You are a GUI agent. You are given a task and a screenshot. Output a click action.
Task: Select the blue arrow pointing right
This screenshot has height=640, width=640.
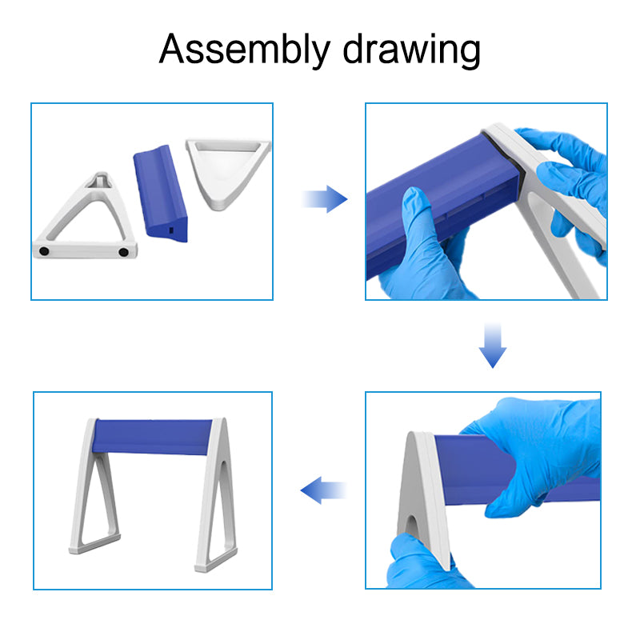(x=326, y=199)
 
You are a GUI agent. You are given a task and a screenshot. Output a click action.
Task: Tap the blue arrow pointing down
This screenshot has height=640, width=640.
(x=493, y=346)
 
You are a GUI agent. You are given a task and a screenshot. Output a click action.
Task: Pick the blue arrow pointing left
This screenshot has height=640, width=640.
(x=322, y=490)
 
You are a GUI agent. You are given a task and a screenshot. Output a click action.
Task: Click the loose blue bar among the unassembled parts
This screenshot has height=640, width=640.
(x=162, y=191)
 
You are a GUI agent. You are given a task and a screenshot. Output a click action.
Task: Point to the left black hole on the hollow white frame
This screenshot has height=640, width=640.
(x=45, y=251)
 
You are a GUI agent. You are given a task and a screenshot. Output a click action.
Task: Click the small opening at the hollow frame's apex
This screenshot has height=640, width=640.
(x=99, y=180)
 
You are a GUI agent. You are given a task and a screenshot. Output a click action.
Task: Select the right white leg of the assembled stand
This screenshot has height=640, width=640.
(x=214, y=496)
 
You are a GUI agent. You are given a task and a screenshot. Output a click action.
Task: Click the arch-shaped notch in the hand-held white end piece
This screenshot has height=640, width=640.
(x=412, y=532)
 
